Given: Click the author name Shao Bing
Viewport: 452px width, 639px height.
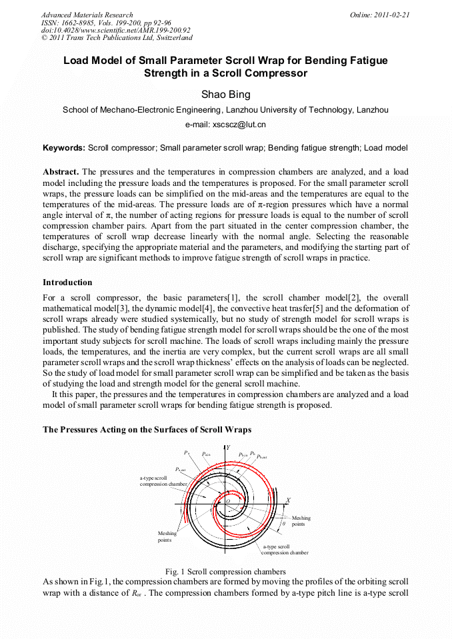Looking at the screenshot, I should tap(225, 95).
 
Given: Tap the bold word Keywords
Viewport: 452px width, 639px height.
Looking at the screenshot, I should tap(63, 147).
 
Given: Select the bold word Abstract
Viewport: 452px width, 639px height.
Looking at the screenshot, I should tap(61, 172).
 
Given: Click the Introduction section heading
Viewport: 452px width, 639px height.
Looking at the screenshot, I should tap(67, 283).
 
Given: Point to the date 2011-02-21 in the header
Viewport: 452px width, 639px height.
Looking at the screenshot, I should tap(391, 15).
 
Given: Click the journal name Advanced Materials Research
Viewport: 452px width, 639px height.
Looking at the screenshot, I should tap(87, 15).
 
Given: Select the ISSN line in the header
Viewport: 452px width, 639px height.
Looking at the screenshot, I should tap(106, 23).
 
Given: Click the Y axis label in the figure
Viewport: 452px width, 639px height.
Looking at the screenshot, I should tap(228, 447).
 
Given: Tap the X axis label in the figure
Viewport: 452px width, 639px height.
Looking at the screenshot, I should tap(288, 499).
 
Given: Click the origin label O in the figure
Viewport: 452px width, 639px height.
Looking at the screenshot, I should tap(227, 501).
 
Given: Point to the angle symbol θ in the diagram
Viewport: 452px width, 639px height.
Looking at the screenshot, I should tap(283, 524).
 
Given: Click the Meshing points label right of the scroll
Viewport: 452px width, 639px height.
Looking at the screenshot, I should tap(301, 521).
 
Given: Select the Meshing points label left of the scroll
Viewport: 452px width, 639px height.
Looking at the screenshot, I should tap(167, 536).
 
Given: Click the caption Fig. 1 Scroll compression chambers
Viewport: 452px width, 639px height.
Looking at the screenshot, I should tap(225, 572).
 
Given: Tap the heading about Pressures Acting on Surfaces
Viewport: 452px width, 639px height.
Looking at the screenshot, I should tap(147, 430).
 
